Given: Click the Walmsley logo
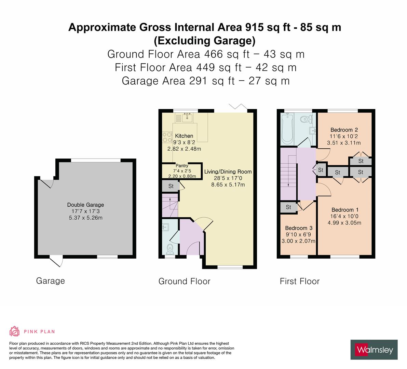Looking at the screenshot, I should tap(374, 350).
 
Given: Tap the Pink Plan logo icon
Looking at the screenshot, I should tap(14, 331).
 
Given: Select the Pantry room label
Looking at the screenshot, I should tap(182, 166).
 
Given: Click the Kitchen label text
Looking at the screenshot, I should tap(184, 136).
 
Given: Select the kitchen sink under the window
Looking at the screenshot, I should tap(187, 118).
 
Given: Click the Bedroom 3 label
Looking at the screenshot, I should tap(299, 228).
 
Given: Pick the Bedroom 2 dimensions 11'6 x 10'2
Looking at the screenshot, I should tap(344, 136).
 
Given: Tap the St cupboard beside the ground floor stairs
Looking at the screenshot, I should tap(171, 186).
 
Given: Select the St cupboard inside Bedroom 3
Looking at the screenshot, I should tap(288, 207).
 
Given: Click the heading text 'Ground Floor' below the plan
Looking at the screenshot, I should tap(184, 281).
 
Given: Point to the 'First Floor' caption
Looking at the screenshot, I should tap(299, 281).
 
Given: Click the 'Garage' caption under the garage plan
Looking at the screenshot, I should tap(50, 281).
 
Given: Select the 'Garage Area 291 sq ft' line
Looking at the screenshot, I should tap(205, 81).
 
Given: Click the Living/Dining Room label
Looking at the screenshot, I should tap(228, 172).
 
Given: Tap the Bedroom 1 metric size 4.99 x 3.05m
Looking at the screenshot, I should tap(344, 223).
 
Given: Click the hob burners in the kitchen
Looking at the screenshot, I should tap(167, 137).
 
